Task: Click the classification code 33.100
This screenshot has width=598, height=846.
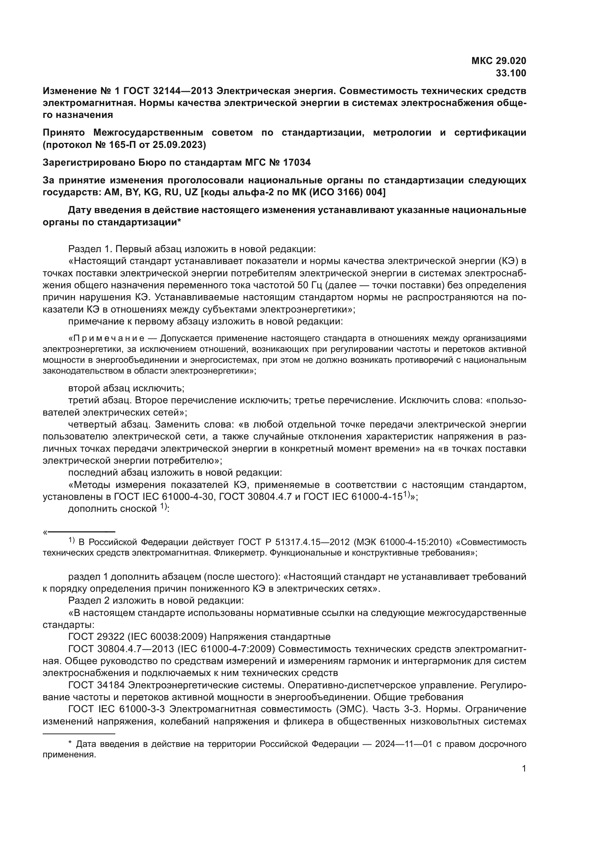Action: (x=511, y=73)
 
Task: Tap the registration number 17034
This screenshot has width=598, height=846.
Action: (x=296, y=162)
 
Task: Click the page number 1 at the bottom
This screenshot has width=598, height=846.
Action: (x=524, y=768)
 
